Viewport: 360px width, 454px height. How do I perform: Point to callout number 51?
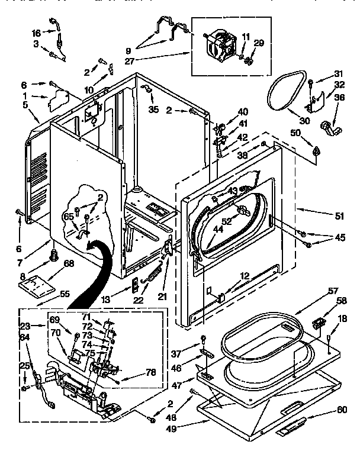pos(339,216)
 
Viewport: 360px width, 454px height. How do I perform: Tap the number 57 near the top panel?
pos(333,291)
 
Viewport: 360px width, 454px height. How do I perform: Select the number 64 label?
pos(24,337)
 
